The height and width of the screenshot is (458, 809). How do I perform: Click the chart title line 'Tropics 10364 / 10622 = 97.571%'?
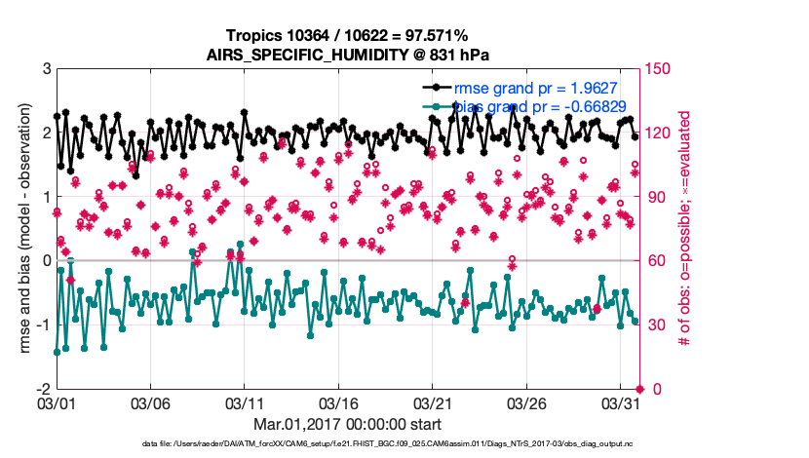point(347,35)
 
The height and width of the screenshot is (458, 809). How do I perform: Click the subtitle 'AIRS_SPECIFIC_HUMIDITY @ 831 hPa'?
point(347,54)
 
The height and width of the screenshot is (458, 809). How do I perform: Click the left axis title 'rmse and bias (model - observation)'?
point(21,229)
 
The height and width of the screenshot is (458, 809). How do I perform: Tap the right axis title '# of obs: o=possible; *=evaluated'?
point(685,229)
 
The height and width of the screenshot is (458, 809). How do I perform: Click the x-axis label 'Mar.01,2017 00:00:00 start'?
point(347,425)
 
